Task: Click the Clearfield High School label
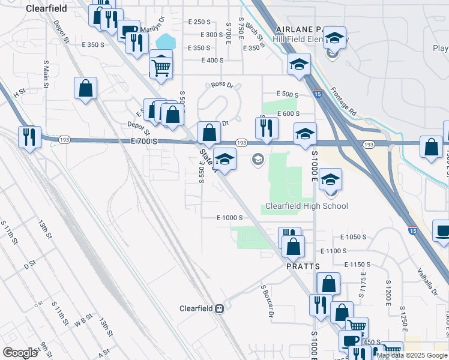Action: coord(307,206)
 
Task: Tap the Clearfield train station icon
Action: coord(220,308)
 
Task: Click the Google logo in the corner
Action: coord(20,352)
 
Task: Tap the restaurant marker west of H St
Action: coord(29,137)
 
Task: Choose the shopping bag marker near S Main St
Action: coord(86,89)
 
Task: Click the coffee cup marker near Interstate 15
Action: coord(443,231)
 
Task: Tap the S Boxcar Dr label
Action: coord(267,300)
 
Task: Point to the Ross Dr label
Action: coord(221,85)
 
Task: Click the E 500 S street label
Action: coord(288,94)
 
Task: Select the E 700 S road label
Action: coord(143,140)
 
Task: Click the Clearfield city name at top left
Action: coord(46,9)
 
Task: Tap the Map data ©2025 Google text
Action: coord(412,355)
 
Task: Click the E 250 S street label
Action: coord(198,22)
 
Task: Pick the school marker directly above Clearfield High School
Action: coord(330,179)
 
